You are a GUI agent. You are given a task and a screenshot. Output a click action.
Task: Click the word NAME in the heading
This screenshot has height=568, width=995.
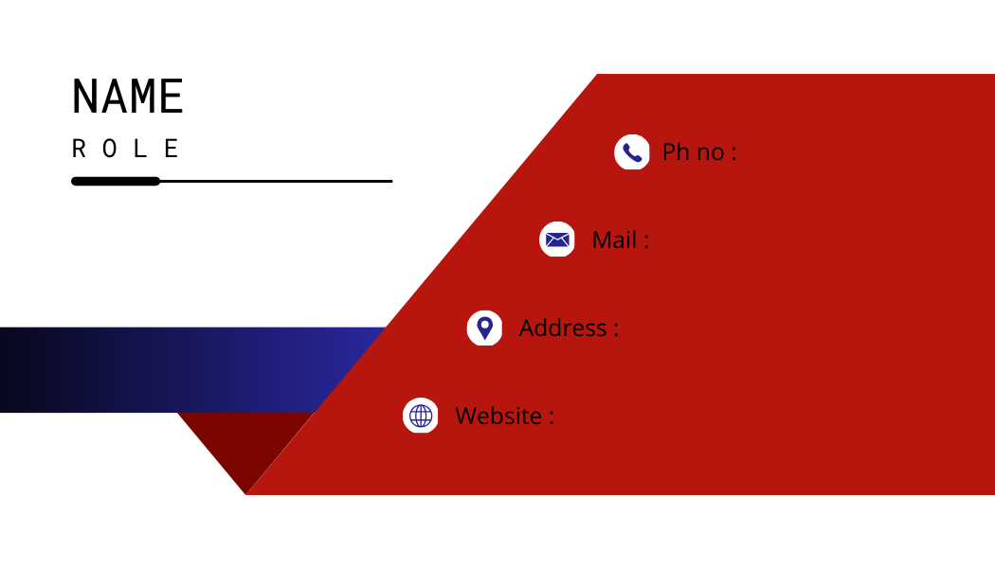(x=128, y=97)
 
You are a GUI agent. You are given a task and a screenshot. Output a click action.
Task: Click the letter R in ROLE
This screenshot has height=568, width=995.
(x=79, y=149)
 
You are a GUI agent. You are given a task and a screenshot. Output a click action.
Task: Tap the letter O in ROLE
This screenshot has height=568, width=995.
(x=110, y=149)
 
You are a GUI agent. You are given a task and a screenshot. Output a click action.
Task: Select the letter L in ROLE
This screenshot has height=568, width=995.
(x=141, y=149)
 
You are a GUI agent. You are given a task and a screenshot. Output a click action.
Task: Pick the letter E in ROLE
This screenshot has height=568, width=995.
(x=172, y=149)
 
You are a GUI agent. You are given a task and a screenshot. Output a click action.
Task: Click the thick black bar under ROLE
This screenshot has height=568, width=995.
(x=116, y=182)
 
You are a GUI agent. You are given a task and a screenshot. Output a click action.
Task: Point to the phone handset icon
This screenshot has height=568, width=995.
(x=632, y=152)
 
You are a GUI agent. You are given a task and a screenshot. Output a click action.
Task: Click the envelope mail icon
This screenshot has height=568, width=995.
(x=557, y=240)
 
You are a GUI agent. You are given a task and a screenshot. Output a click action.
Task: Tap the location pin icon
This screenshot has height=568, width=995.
(x=485, y=328)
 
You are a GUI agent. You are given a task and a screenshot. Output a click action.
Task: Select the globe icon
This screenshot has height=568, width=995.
(x=420, y=416)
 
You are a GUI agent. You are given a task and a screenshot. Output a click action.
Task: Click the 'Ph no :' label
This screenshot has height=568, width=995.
(x=699, y=152)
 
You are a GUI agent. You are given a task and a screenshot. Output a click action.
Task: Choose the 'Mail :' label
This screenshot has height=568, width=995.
(x=621, y=240)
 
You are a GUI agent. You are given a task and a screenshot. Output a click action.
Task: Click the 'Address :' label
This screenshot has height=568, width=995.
(x=569, y=328)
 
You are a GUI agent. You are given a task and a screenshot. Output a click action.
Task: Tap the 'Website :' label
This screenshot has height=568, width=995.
(x=504, y=417)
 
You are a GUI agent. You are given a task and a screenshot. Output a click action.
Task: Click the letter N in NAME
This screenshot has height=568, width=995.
(x=84, y=97)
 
